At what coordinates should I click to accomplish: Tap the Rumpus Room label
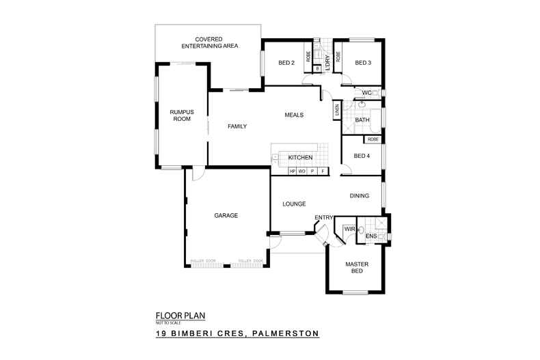coord(183,115)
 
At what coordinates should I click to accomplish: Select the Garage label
coord(226,215)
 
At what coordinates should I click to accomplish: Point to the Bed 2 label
coord(286,64)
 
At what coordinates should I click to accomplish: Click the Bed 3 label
coord(363,64)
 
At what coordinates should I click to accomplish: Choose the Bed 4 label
coord(362,156)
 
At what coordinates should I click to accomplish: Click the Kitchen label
coord(300,158)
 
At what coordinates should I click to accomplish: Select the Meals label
coord(294,115)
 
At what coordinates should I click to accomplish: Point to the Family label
coord(237,126)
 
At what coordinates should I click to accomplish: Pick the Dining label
coord(360,196)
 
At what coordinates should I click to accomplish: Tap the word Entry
coord(323,218)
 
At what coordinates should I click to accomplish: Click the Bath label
coord(362,121)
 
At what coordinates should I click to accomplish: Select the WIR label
coord(349,229)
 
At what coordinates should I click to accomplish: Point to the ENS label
coord(371,236)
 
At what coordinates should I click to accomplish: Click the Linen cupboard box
coord(337,109)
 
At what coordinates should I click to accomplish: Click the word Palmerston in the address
coord(286,334)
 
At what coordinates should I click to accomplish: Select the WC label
coord(366,93)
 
